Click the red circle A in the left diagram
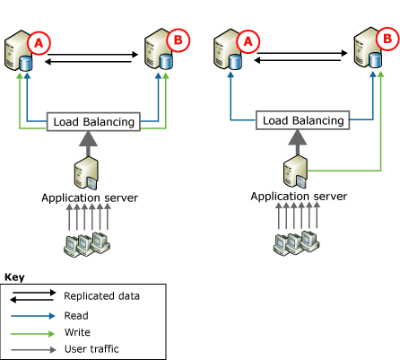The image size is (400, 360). [x=39, y=43]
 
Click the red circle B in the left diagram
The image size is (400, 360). [x=178, y=40]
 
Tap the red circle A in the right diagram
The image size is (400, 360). [x=248, y=41]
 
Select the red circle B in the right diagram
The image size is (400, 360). [x=387, y=39]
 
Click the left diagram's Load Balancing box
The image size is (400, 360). [x=93, y=122]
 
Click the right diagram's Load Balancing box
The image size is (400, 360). [x=303, y=120]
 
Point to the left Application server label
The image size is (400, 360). [x=90, y=198]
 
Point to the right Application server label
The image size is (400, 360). [x=299, y=197]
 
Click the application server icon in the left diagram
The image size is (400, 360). [x=86, y=173]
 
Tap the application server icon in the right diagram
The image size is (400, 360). [x=295, y=171]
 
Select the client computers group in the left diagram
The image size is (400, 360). [x=87, y=244]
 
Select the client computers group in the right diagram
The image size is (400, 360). [x=296, y=242]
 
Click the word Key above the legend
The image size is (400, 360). [x=14, y=277]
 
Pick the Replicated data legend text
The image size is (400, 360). [x=101, y=296]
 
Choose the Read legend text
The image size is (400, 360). [x=76, y=316]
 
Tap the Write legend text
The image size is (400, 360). [x=77, y=332]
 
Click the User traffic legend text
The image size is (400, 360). [x=91, y=349]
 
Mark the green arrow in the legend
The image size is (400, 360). [x=32, y=333]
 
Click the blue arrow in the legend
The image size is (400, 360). [x=32, y=316]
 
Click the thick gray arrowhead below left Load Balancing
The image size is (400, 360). [x=88, y=139]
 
